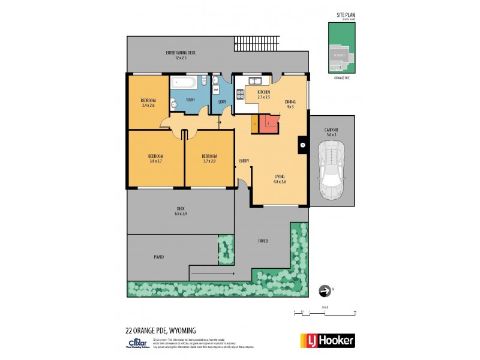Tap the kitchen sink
pyautogui.click(x=254, y=80)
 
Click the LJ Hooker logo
pyautogui.click(x=326, y=340)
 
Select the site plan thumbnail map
pyautogui.click(x=340, y=49)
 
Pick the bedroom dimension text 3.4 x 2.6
pyautogui.click(x=148, y=105)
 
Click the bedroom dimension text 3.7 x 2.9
pyautogui.click(x=209, y=160)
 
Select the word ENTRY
pyautogui.click(x=244, y=161)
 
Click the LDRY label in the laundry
pyautogui.click(x=222, y=101)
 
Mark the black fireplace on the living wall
pyautogui.click(x=302, y=145)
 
